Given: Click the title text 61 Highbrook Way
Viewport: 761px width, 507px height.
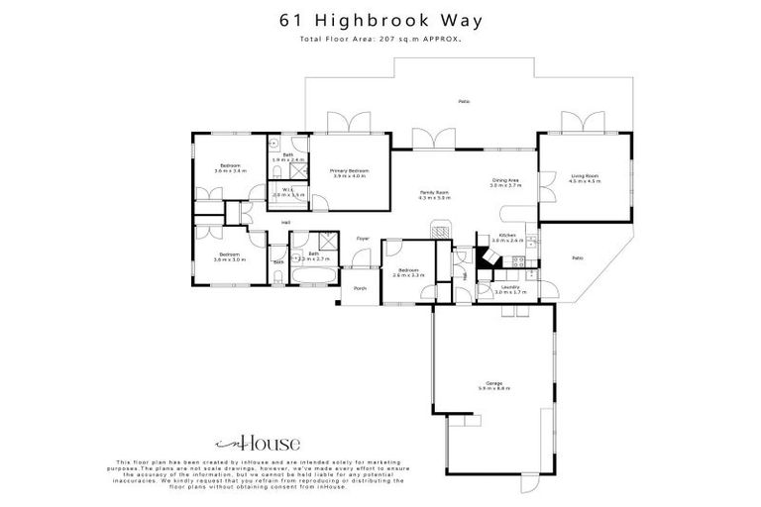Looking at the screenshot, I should coord(380,20).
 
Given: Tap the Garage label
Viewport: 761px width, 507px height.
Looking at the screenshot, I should coord(492,383).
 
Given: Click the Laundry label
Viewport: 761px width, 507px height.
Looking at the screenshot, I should coord(496,290).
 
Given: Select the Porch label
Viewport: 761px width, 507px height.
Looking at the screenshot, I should coord(360,288).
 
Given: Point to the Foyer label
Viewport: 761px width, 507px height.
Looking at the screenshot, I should coord(363,238).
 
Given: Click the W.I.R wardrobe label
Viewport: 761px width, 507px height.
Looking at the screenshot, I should coord(285,192).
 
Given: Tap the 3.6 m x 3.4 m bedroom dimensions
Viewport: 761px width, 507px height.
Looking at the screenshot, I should coord(229,171).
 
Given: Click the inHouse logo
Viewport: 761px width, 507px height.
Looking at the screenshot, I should coord(258,445).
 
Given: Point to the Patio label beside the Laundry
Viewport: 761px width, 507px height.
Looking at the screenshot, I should coord(578,258).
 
